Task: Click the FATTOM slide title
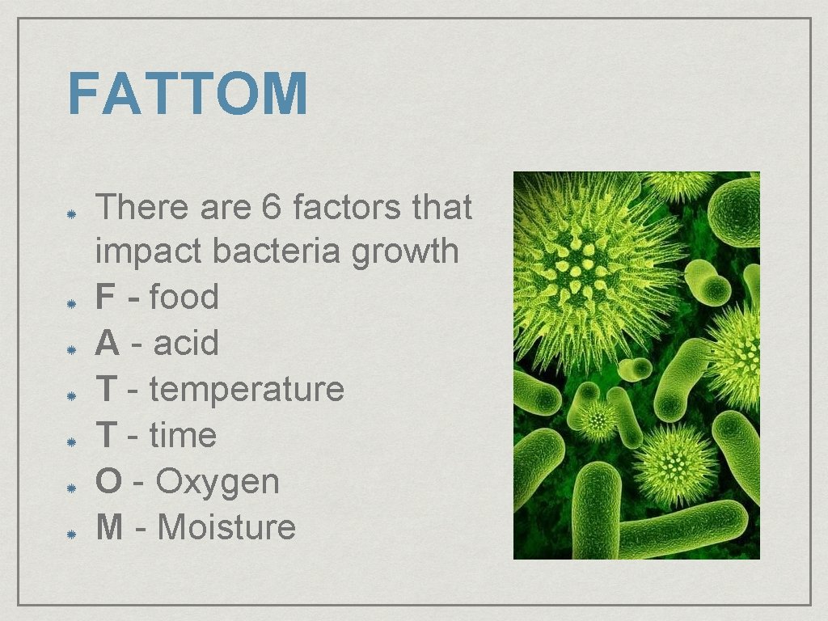click(188, 94)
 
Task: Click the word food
click(184, 298)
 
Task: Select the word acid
click(186, 344)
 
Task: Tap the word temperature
click(247, 390)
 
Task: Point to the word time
click(183, 436)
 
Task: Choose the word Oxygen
click(218, 482)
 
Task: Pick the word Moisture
click(226, 528)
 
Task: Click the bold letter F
click(105, 298)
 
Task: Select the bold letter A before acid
click(107, 344)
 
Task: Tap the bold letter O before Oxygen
click(108, 482)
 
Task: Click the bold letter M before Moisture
click(110, 528)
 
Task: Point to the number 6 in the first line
click(272, 208)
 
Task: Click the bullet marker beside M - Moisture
click(71, 534)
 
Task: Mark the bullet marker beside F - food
click(71, 304)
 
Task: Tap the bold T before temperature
click(105, 390)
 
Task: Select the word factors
click(347, 208)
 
